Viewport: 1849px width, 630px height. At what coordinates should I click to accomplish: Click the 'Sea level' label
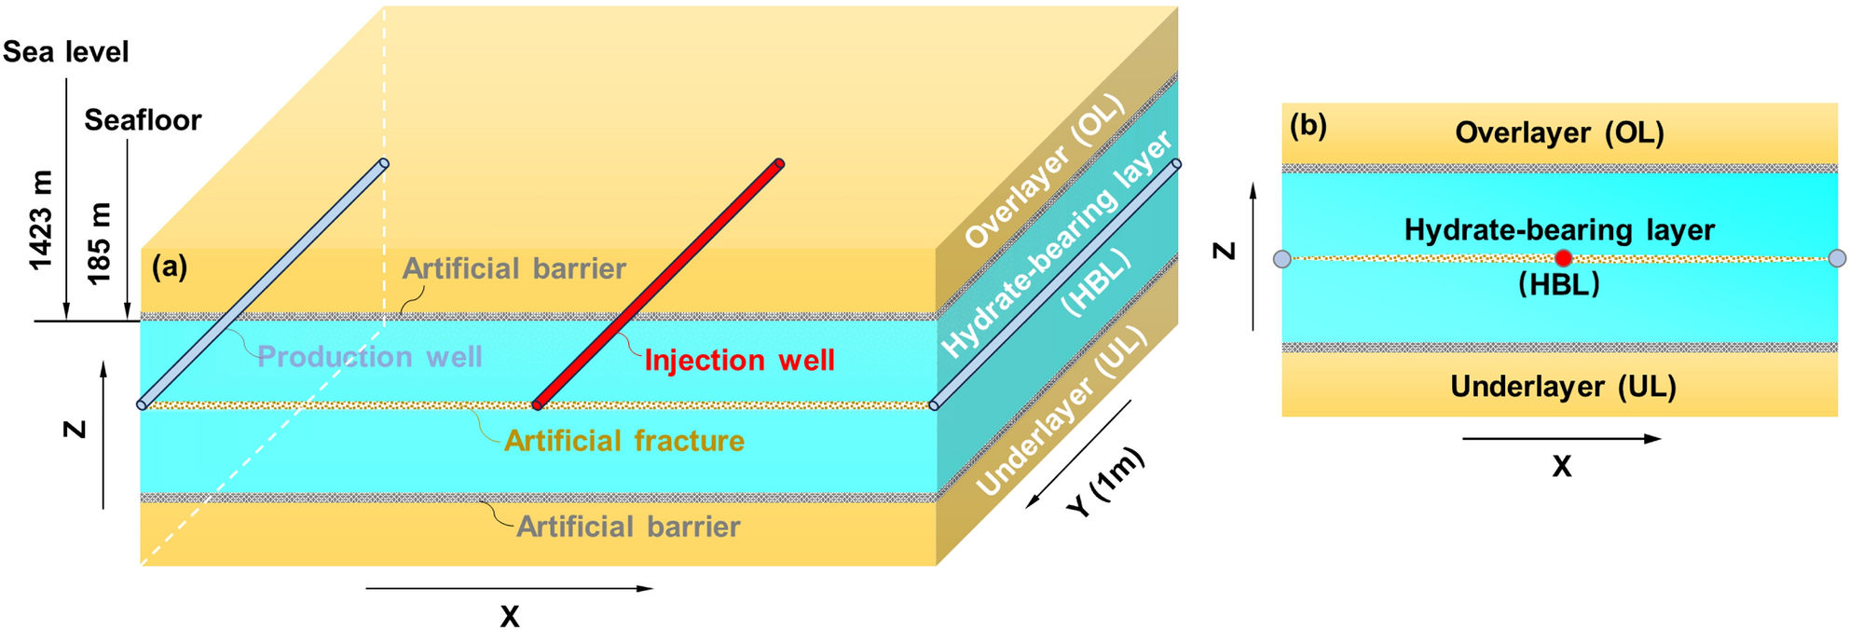click(65, 52)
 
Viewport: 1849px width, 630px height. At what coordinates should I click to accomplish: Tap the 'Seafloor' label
click(143, 120)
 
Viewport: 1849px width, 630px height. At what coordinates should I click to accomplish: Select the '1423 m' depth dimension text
click(41, 221)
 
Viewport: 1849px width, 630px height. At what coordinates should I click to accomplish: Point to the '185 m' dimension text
click(99, 243)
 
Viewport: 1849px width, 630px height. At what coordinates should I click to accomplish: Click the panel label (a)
click(170, 267)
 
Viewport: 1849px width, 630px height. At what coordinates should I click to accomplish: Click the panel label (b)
click(1308, 126)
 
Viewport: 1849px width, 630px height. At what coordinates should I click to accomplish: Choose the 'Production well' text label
click(369, 357)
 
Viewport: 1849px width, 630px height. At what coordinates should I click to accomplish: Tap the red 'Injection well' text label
click(739, 361)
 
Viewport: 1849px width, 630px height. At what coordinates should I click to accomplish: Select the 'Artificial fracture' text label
click(623, 441)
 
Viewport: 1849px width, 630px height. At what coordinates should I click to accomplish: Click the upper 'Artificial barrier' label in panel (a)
click(514, 269)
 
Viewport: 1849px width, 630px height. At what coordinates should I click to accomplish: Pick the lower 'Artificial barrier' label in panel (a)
click(628, 527)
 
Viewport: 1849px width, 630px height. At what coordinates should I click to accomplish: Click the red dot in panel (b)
click(1563, 258)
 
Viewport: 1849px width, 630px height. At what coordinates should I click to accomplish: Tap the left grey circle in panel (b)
click(1282, 259)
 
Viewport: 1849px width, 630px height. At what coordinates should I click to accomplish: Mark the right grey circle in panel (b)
click(1837, 258)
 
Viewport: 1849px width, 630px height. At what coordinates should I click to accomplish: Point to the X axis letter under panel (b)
click(1561, 467)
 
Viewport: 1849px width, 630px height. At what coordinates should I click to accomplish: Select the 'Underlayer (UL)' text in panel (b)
click(1563, 387)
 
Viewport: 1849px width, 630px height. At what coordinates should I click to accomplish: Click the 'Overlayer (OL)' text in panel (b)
click(1559, 133)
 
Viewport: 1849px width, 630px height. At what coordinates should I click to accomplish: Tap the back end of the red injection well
click(779, 164)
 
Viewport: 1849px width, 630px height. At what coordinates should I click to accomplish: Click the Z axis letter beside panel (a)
click(75, 430)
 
